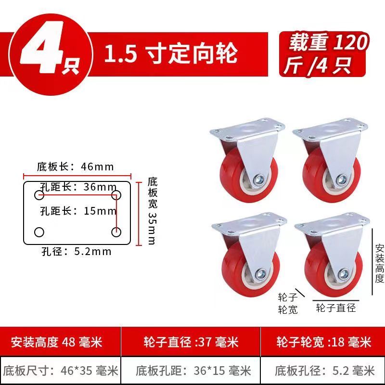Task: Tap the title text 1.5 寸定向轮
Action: point(171,53)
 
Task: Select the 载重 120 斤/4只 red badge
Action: point(323,53)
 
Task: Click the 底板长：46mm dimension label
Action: point(76,167)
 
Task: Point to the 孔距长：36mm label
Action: point(78,187)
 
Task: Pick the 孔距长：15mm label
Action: point(78,211)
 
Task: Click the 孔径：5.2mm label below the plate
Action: point(77,251)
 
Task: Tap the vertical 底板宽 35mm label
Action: point(152,211)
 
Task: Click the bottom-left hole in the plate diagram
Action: point(39,232)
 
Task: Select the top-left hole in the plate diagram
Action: point(39,195)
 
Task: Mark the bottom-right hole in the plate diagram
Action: point(116,232)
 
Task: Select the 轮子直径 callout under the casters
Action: point(336,308)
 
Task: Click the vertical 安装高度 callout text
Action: point(380,263)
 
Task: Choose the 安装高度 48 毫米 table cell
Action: point(61,342)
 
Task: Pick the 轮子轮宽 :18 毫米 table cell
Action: point(322,342)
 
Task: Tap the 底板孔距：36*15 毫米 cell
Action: point(191,371)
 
